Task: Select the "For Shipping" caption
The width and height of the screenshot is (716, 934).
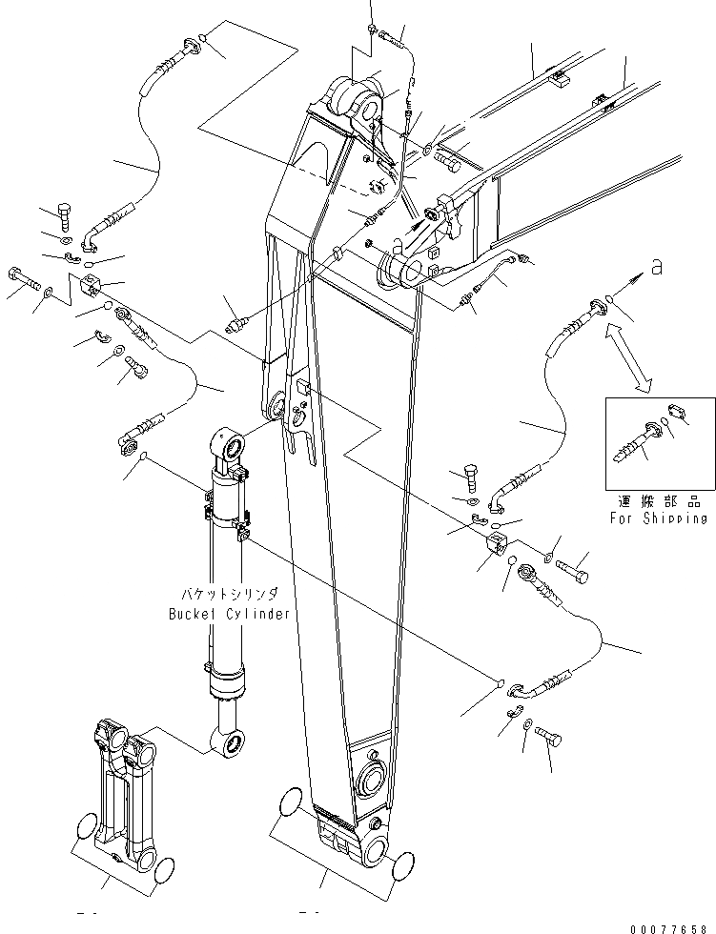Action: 659,518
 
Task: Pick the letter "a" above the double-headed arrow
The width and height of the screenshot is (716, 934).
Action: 656,271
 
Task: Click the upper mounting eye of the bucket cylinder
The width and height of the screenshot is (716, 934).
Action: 229,442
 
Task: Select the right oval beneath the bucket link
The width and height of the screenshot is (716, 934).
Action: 163,866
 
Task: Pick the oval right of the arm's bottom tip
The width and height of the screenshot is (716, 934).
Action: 404,865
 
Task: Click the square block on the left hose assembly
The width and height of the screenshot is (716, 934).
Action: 91,284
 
